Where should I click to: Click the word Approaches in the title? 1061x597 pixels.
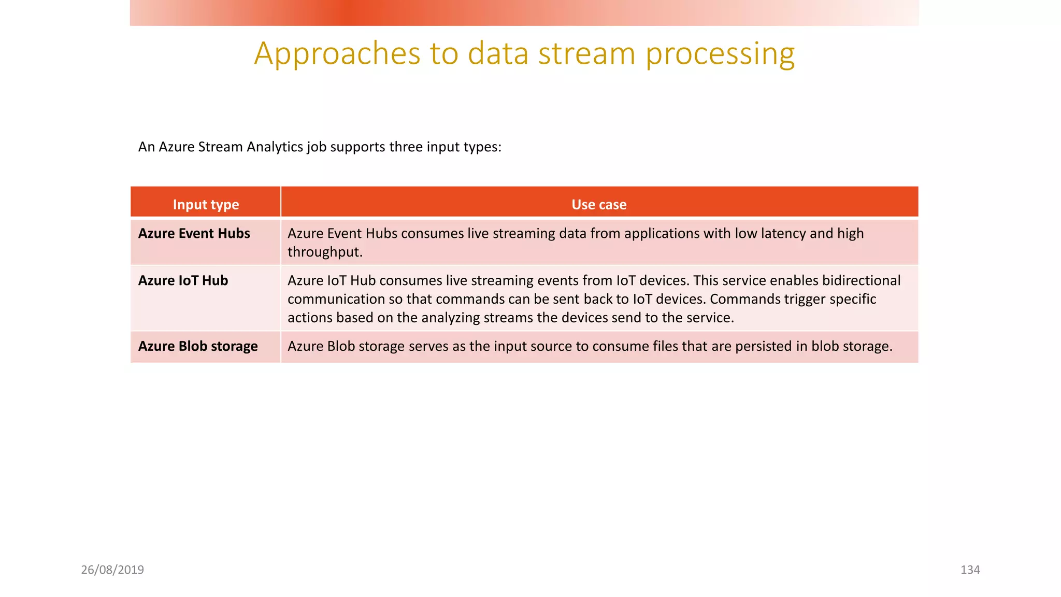click(x=337, y=54)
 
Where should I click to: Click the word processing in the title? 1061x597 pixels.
click(x=720, y=54)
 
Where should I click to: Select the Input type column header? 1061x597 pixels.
click(x=206, y=205)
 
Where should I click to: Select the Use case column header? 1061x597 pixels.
click(x=599, y=205)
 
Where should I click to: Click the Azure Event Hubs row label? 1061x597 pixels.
click(x=194, y=234)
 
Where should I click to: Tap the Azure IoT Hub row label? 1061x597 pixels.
click(x=183, y=281)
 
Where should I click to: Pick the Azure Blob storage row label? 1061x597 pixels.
click(x=197, y=346)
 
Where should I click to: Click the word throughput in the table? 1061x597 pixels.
click(x=324, y=252)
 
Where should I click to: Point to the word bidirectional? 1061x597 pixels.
click(x=861, y=281)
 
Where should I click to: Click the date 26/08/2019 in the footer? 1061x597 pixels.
click(x=112, y=570)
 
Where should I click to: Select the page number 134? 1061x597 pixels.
click(x=970, y=570)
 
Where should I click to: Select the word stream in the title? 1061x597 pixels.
click(x=586, y=54)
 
